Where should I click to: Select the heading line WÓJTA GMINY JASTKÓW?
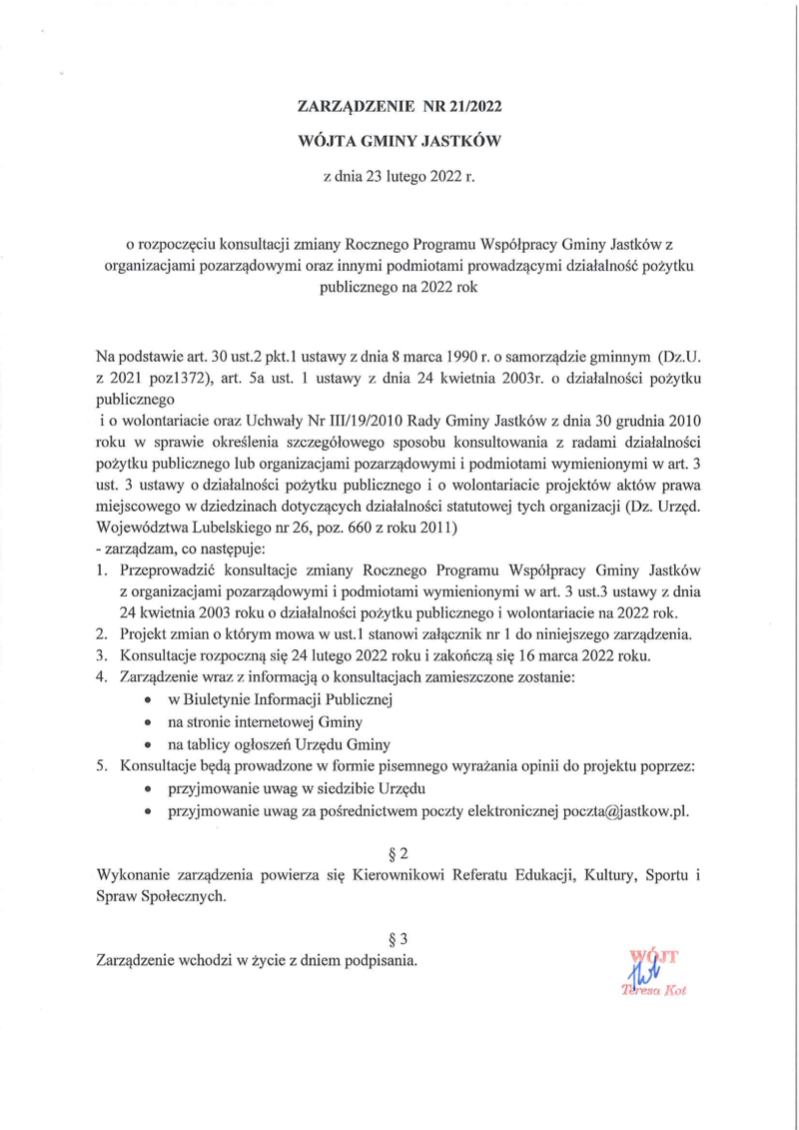399,142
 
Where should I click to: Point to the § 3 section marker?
399,939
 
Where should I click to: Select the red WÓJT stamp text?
655,956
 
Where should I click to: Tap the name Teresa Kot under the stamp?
654,991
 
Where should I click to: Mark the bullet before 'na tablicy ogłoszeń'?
148,745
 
